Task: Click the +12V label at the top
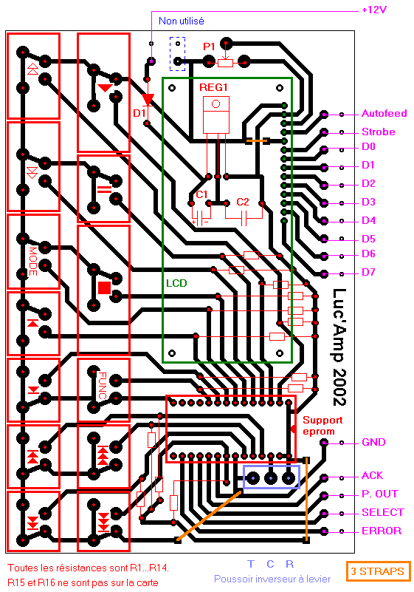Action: pos(374,10)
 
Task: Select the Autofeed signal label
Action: pos(384,113)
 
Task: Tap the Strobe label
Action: pos(378,132)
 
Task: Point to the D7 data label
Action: pos(368,272)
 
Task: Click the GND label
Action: pos(373,442)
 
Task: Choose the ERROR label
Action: pos(382,531)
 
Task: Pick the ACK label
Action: pos(372,475)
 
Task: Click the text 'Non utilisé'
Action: pos(182,21)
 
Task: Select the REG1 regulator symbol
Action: pos(216,115)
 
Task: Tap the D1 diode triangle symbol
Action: pos(148,100)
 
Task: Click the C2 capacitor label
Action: pos(243,202)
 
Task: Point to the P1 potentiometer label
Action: pos(209,47)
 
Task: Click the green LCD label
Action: pos(176,283)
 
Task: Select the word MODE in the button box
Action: pos(33,261)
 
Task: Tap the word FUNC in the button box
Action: pos(102,386)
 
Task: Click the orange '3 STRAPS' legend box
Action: pos(378,571)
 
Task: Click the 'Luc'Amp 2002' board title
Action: pos(339,347)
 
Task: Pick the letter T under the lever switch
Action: pos(251,564)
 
